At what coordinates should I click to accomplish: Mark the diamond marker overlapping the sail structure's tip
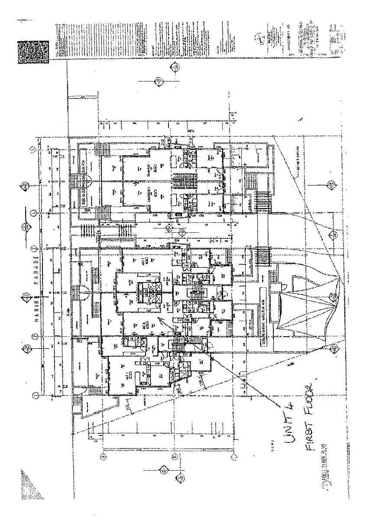(x=333, y=297)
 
